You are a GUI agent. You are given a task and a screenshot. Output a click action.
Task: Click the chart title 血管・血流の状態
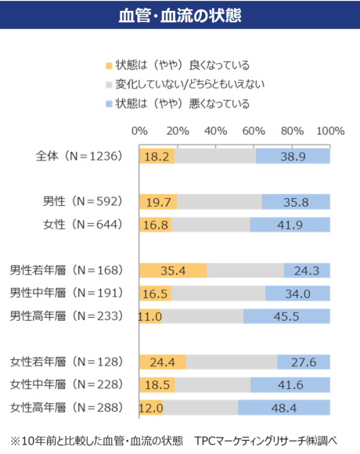click(x=179, y=15)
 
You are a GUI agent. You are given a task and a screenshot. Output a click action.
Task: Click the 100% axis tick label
click(x=329, y=129)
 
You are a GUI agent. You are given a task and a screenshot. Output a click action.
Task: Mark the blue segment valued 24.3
click(x=307, y=271)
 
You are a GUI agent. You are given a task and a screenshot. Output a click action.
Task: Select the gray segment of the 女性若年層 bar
click(x=232, y=362)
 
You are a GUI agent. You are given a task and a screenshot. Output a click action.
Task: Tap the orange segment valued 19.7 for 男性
click(x=157, y=203)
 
